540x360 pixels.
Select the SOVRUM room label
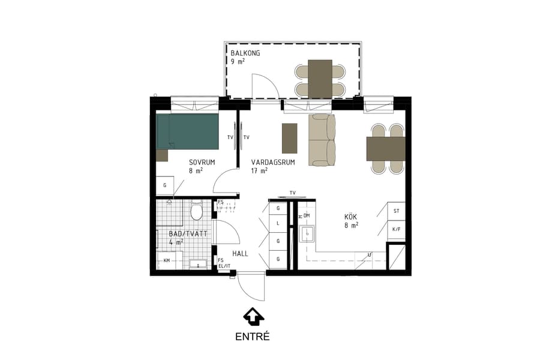202,162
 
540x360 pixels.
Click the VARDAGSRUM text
272,162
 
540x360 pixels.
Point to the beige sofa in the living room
322,140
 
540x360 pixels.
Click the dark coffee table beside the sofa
289,138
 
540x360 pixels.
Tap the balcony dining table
320,79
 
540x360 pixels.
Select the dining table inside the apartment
386,149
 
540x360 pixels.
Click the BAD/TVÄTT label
188,233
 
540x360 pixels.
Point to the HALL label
240,254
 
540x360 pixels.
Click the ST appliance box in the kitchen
396,211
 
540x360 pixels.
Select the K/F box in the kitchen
396,229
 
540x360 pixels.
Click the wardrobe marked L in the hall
278,223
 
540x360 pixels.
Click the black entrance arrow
253,316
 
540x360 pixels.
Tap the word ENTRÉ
253,337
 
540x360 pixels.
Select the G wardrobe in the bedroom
165,186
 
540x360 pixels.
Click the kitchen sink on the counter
309,233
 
